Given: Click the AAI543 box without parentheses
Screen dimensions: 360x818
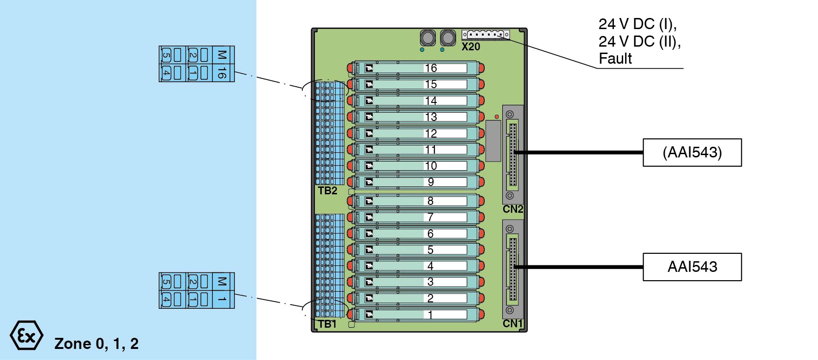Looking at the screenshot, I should pos(692,267).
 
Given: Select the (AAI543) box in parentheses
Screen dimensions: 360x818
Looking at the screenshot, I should pos(692,152).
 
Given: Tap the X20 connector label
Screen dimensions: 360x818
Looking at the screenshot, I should pos(471,47).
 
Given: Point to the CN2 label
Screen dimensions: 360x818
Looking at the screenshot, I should pos(512,209).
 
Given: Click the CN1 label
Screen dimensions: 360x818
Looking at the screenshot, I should pos(512,324).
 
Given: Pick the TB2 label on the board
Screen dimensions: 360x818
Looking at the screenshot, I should pos(327,191).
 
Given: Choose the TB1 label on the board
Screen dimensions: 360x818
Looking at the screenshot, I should pos(327,324).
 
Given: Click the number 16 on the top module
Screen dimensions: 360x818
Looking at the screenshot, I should pos(431,68).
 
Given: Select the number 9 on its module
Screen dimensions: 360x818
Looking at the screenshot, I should pos(431,182).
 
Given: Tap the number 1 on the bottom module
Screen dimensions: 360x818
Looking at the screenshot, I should pos(430,315).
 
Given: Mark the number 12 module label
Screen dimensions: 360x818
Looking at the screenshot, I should pos(431,133).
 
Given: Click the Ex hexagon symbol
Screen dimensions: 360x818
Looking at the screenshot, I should pos(26,336).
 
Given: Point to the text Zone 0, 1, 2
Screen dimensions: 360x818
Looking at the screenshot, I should pos(96,344).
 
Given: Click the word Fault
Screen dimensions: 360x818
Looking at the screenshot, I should pos(615,59).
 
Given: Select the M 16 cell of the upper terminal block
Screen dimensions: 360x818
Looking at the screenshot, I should pos(222,64).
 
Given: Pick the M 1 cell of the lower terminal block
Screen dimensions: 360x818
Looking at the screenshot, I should pos(222,290).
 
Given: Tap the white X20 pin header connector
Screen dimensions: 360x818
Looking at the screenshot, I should pos(486,35).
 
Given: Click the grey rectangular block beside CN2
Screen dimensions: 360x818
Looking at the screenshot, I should pos(493,141).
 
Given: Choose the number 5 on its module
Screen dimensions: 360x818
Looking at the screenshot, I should pos(430,250).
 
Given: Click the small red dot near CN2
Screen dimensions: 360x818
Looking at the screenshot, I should pos(497,117).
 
